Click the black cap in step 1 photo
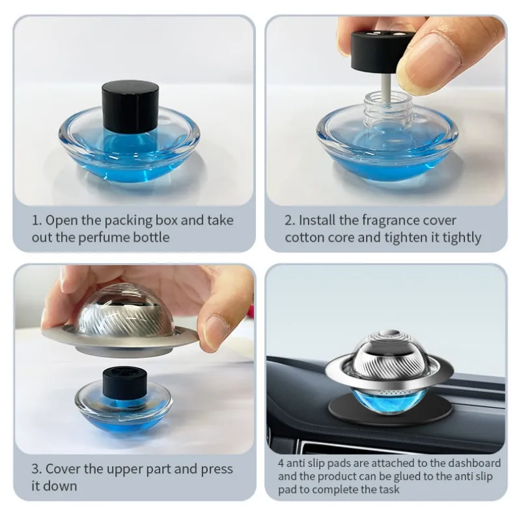point(130,106)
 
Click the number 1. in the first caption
point(36,220)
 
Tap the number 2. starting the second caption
point(290,220)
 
